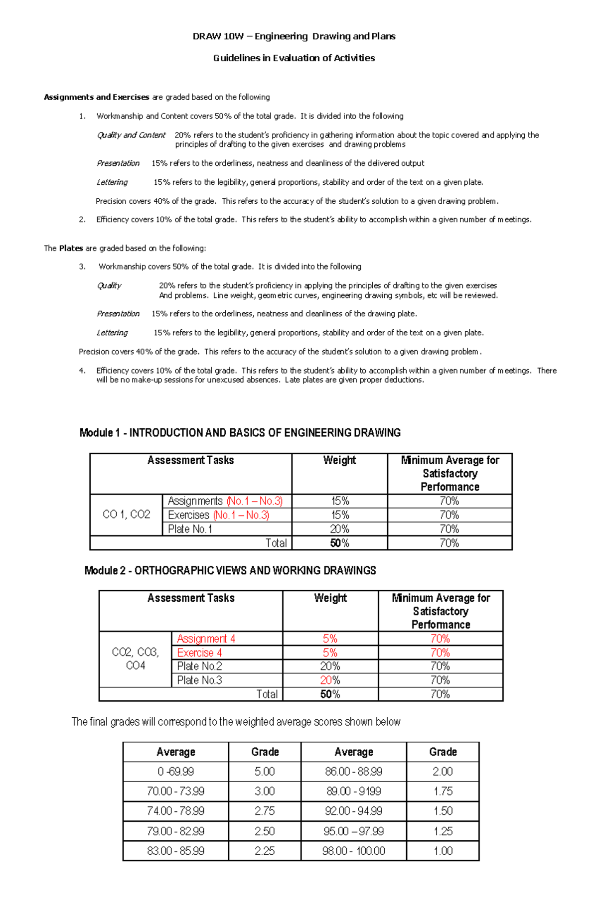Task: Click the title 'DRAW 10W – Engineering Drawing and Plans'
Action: coord(294,36)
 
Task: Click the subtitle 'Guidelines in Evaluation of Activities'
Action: coord(294,58)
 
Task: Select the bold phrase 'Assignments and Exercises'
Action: coord(97,97)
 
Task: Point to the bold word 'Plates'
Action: coord(71,248)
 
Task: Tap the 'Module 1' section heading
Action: coord(240,433)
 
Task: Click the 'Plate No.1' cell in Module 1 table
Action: coord(190,529)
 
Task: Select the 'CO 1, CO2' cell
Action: coord(126,515)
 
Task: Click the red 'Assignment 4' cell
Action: coord(206,639)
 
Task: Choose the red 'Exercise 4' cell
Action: coord(199,653)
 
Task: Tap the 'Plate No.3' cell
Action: coord(199,680)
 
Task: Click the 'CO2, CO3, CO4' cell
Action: coord(135,659)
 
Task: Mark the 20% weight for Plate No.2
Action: coord(330,666)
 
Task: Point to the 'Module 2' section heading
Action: coord(230,571)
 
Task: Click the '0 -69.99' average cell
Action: coord(175,772)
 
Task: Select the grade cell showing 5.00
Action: coord(265,772)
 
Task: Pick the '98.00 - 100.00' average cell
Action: coord(353,851)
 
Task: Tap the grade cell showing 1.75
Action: coord(443,791)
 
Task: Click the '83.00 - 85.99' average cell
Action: coord(175,851)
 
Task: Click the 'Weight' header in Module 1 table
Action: coord(339,461)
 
